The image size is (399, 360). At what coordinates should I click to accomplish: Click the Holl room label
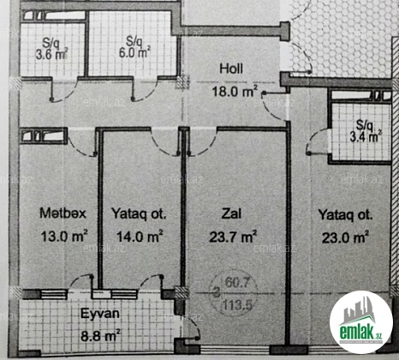coord(231,69)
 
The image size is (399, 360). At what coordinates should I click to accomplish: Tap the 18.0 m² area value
coord(235,92)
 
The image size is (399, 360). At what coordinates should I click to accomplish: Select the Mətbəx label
coord(63,213)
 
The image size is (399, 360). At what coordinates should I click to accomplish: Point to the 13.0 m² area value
coord(64,236)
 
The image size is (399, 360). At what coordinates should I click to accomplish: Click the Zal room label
coord(231,213)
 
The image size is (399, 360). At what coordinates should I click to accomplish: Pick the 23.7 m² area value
coord(233,237)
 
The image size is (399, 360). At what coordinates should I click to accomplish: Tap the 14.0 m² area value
coord(140,236)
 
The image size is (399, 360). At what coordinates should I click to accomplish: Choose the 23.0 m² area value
coord(345,237)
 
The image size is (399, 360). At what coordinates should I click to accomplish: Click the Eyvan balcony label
coord(100,314)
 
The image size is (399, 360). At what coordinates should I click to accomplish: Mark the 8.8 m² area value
coord(100,335)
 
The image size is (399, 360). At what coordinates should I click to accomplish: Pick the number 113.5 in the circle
coord(237,306)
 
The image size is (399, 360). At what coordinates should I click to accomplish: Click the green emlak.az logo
coord(360,322)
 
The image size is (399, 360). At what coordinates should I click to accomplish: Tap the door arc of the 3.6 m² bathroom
coord(68,93)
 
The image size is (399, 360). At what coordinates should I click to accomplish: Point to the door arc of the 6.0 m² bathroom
coord(148,93)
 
